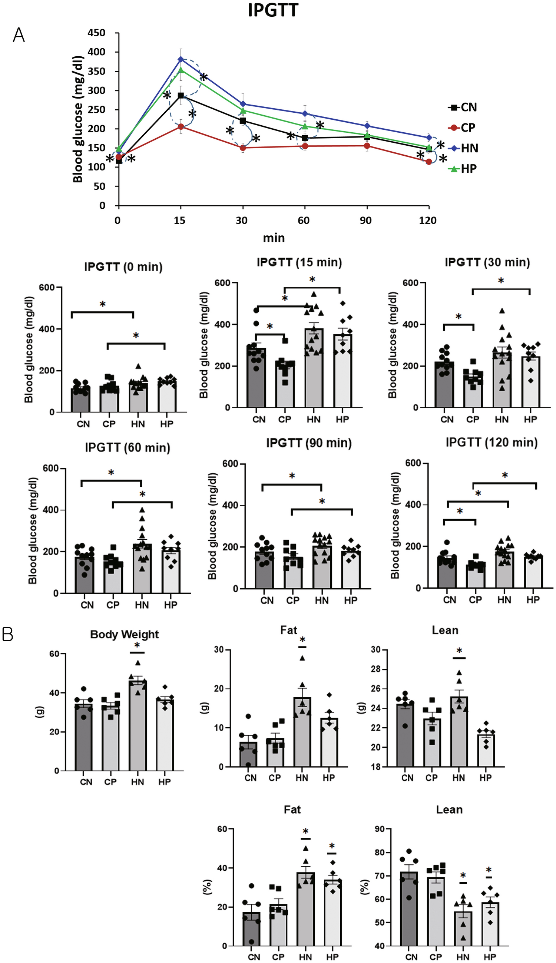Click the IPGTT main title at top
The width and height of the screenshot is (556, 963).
click(273, 10)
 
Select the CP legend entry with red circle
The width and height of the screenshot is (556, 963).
click(463, 128)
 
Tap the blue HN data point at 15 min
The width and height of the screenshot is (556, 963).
click(181, 59)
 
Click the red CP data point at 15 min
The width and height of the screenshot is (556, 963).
click(181, 126)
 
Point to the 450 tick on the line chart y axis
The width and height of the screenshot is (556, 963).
click(97, 33)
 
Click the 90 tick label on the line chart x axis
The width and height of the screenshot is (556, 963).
click(366, 220)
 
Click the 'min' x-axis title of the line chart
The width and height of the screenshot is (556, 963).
click(274, 238)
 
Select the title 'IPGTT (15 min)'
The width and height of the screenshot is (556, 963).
click(299, 262)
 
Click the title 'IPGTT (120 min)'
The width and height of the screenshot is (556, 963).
click(492, 443)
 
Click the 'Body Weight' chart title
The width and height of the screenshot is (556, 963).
click(124, 635)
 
